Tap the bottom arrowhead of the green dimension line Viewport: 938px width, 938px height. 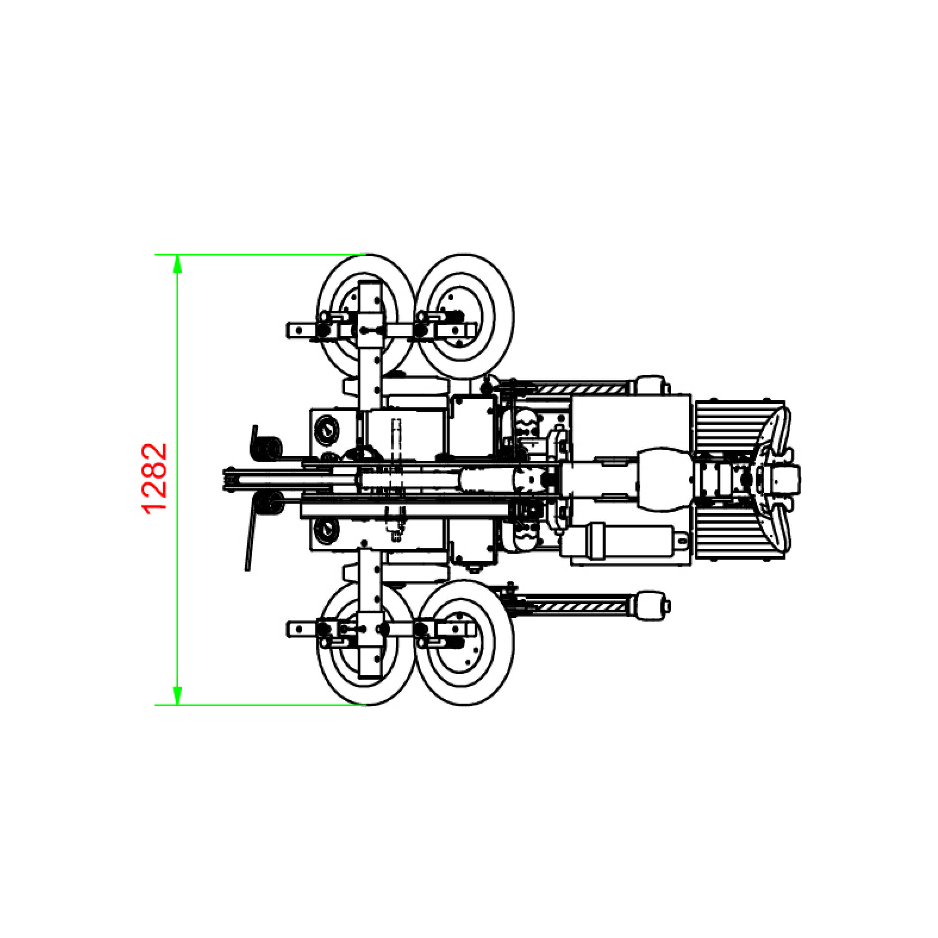pyautogui.click(x=178, y=694)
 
